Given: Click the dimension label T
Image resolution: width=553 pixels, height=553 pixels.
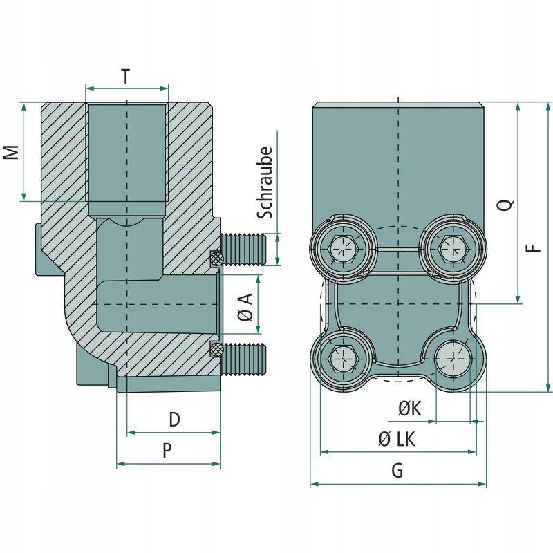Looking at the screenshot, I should [125, 77].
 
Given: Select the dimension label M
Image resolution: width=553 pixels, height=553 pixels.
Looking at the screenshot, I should [10, 152].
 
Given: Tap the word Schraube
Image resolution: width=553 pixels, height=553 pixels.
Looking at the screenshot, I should [266, 183].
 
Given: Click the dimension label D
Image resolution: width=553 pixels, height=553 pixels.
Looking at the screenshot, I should [174, 419].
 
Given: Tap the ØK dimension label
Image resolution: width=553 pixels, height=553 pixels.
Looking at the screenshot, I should [409, 409].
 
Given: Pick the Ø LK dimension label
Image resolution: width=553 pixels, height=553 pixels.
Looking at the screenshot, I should [397, 439].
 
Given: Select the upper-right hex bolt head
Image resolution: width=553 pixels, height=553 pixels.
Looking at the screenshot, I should [453, 247].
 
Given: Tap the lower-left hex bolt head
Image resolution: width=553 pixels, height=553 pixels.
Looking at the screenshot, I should [344, 359].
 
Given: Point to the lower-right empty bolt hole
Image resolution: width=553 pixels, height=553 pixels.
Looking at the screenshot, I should [453, 359].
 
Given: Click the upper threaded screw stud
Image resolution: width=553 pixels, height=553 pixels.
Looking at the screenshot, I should [243, 248].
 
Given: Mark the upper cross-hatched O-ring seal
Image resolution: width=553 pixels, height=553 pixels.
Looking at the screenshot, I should [216, 259].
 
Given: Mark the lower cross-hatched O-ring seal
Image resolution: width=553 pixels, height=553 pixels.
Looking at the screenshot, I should [216, 350].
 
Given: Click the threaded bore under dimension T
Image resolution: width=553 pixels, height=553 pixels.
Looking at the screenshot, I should [126, 152].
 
